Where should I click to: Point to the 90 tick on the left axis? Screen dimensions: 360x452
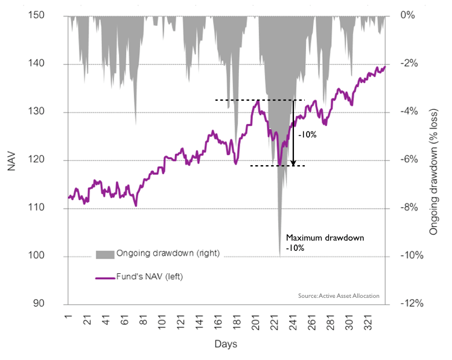[48, 304]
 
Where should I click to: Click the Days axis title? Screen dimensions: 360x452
[226, 344]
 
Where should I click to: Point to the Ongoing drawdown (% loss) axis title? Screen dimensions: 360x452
[434, 160]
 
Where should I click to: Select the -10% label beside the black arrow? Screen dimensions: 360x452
[307, 135]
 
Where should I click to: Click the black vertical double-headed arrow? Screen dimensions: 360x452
[293, 133]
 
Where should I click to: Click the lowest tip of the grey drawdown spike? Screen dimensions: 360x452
[279, 256]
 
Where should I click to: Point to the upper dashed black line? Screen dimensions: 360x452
[259, 100]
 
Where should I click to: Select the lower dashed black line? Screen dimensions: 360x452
[278, 166]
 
